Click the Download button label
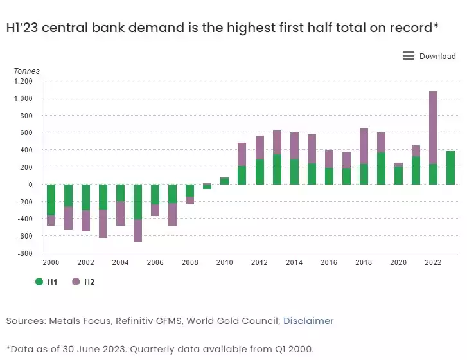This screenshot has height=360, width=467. tap(437, 57)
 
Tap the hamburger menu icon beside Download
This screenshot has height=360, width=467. tap(409, 56)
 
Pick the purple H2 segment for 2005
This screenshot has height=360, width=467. tap(137, 231)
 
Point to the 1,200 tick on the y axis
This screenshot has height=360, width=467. tap(24, 82)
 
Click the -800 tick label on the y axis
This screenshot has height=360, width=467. tap(25, 253)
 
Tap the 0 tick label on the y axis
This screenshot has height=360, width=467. tap(30, 184)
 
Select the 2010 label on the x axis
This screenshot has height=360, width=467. tap(224, 263)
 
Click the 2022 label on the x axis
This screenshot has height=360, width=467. tap(432, 263)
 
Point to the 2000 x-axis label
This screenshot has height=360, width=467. tap(51, 263)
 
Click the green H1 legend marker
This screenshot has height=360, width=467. tap(39, 282)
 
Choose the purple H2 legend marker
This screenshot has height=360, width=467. tap(76, 282)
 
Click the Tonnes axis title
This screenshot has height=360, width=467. tap(26, 71)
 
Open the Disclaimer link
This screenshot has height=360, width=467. tap(308, 321)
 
